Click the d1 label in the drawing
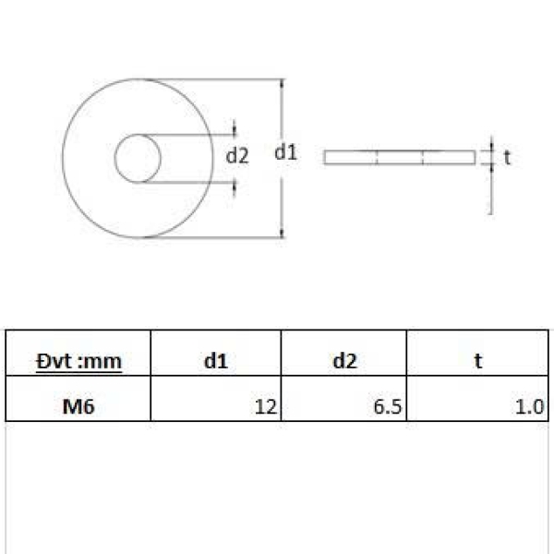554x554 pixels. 285,153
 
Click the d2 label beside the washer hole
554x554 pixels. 237,156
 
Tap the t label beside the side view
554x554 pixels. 507,157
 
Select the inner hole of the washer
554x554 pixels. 138,158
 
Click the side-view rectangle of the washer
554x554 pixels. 399,157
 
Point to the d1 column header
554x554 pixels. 215,361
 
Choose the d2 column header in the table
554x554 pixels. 344,361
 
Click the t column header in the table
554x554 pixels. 477,361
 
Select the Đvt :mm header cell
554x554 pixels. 78,361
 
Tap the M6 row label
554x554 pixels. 78,404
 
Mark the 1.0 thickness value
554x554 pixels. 533,404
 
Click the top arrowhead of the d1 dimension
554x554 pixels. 282,83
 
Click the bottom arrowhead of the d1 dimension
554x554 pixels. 282,233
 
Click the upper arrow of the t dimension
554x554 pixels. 491,146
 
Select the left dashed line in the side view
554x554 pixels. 378,157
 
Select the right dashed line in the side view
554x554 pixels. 422,157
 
